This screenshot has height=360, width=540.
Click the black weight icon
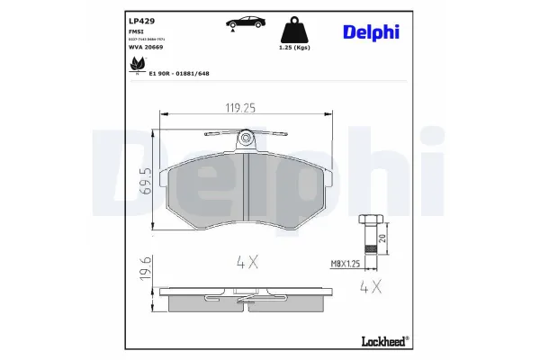click(x=295, y=26)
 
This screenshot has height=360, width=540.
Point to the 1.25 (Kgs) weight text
click(x=294, y=47)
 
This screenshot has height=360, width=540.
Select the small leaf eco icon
click(x=139, y=64)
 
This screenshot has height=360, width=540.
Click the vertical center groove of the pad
click(x=245, y=190)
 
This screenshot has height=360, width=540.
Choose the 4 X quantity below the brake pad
click(x=247, y=263)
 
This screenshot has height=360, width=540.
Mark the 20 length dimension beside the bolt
click(x=383, y=238)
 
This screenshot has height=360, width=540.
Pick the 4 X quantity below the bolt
click(x=370, y=289)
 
